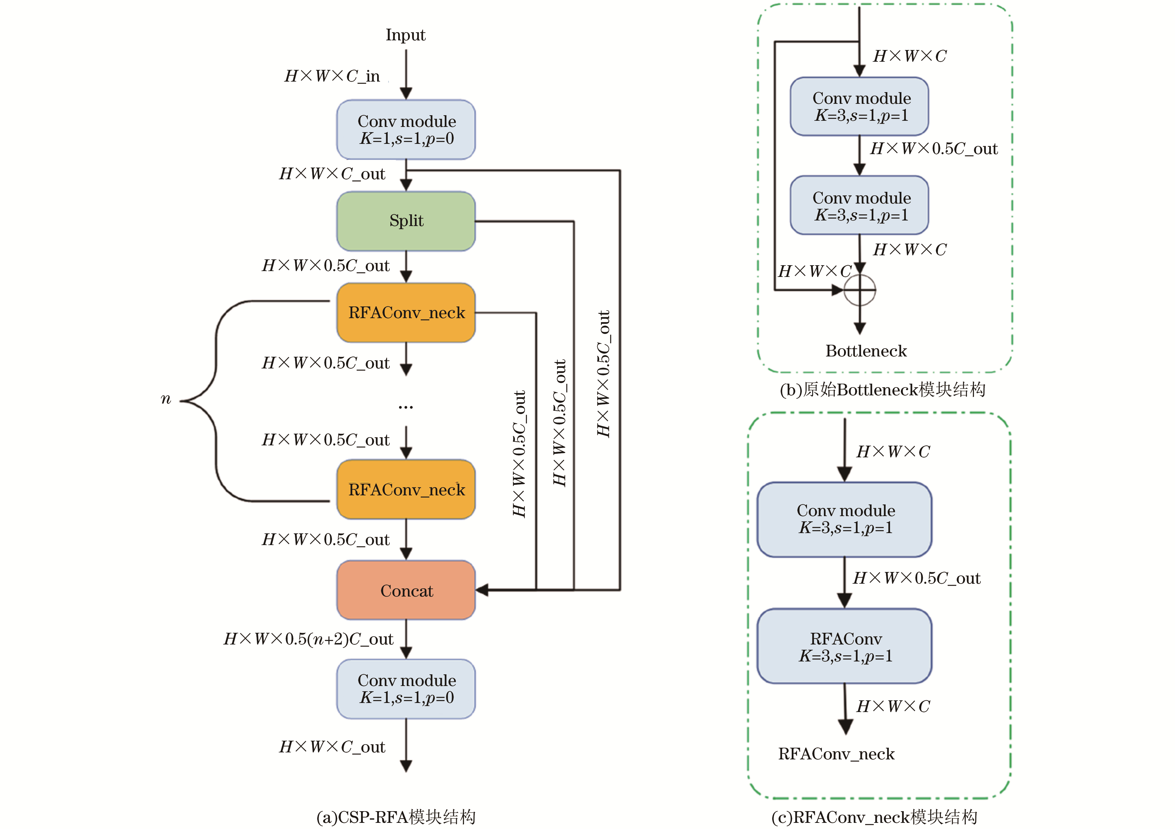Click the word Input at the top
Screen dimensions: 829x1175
click(405, 35)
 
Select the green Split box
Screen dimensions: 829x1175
click(406, 221)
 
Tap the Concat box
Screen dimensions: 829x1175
click(406, 590)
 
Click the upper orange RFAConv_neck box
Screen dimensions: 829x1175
click(406, 313)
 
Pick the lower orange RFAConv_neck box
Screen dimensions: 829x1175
click(406, 490)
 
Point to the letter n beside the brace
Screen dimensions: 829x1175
click(165, 399)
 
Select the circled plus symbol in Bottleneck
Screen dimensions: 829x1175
click(860, 290)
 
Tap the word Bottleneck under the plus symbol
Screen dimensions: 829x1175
click(866, 351)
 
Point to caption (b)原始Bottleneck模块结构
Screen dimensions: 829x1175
click(882, 390)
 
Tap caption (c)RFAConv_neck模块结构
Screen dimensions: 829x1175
click(874, 817)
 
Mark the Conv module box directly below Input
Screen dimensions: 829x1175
click(406, 129)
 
